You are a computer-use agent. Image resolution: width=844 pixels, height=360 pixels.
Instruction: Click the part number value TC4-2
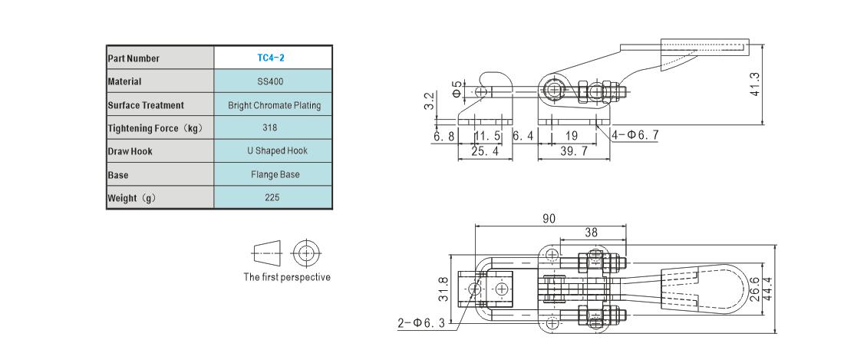pyautogui.click(x=271, y=58)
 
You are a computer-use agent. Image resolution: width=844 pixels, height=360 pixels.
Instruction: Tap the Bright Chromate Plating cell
pyautogui.click(x=274, y=105)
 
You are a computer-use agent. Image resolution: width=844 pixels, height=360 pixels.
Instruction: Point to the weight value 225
pyautogui.click(x=272, y=197)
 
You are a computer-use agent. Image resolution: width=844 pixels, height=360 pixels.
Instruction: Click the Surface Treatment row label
pyautogui.click(x=146, y=105)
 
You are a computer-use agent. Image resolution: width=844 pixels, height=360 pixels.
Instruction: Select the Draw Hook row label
pyautogui.click(x=130, y=151)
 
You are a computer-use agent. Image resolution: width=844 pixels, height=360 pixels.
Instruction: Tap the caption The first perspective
pyautogui.click(x=287, y=277)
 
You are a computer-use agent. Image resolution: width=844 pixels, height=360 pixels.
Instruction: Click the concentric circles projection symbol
pyautogui.click(x=306, y=253)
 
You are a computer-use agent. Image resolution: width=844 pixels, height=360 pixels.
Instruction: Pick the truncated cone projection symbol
pyautogui.click(x=267, y=253)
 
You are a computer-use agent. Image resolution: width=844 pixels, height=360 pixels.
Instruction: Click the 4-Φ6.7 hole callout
pyautogui.click(x=635, y=135)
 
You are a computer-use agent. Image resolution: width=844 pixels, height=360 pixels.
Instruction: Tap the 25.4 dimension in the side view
pyautogui.click(x=485, y=152)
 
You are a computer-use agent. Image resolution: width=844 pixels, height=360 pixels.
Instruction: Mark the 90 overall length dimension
pyautogui.click(x=549, y=218)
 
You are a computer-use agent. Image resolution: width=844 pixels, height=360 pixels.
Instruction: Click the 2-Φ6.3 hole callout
pyautogui.click(x=422, y=323)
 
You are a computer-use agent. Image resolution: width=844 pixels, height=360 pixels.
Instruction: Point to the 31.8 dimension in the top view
pyautogui.click(x=443, y=289)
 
